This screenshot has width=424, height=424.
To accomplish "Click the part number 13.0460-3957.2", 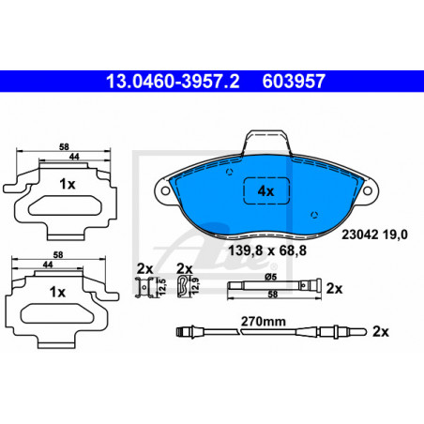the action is tap(173, 82).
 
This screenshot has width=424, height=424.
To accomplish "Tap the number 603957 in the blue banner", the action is tap(294, 82).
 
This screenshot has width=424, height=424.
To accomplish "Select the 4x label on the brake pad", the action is tap(265, 190).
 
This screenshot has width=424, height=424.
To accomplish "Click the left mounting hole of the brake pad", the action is tap(165, 190).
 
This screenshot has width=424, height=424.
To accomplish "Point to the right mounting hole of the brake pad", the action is tap(367, 190).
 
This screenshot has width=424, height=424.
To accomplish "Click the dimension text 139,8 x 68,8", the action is tap(267, 250).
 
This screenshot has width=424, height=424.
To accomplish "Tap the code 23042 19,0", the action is tap(374, 235).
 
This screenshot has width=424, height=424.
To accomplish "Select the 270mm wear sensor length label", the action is tap(264, 321).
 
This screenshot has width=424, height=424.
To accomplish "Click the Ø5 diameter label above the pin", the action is tap(271, 277).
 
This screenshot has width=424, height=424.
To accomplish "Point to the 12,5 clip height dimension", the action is tap(162, 287).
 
